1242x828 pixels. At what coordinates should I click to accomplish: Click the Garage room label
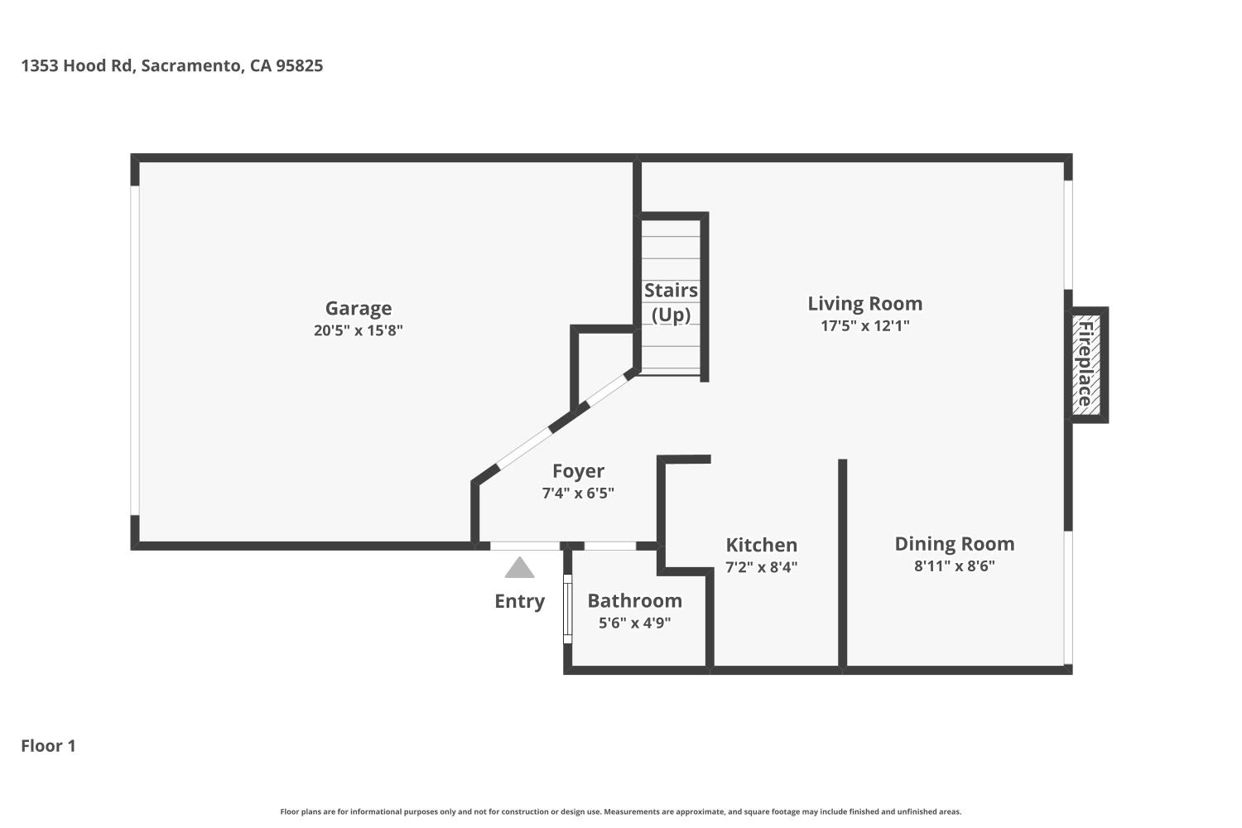tap(358, 308)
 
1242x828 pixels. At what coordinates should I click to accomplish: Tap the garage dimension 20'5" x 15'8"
tap(358, 330)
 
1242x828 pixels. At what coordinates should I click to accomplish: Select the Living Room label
tap(864, 304)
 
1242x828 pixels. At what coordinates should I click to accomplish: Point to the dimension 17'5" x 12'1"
tap(864, 325)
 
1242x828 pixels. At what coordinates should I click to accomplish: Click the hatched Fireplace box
tap(1086, 364)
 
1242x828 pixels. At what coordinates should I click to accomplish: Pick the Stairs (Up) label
tap(671, 302)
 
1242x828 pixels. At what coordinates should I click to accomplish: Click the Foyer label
tap(578, 471)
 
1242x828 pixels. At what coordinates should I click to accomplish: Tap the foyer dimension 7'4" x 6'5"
tap(578, 493)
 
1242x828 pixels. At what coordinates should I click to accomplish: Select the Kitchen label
tap(761, 545)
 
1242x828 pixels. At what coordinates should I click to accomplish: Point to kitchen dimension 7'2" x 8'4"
tap(761, 567)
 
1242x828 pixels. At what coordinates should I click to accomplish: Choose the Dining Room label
tap(954, 544)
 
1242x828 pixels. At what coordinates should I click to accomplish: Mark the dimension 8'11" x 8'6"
tap(954, 566)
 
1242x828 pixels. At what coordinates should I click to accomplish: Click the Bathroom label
tap(634, 600)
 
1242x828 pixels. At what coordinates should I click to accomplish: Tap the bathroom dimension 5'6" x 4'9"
tap(634, 623)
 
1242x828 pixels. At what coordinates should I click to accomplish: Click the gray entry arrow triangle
tap(519, 569)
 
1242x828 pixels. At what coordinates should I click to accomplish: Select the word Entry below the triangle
tap(519, 601)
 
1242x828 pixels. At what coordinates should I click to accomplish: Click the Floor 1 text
tap(48, 746)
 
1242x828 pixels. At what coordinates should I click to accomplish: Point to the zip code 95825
tap(299, 65)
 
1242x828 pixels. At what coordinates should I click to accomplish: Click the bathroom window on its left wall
tap(567, 609)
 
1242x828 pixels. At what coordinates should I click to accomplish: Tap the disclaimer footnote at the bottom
tap(621, 812)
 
